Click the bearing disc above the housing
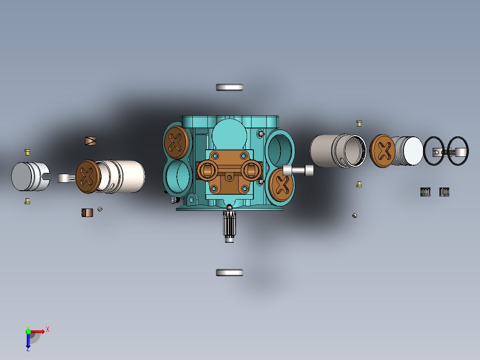tap(229, 87)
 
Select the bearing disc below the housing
tap(229, 272)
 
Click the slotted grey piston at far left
tap(29, 176)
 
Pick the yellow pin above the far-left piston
tap(27, 152)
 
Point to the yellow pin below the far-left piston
tap(27, 201)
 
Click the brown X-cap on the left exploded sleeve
tap(87, 176)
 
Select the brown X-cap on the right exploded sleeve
tap(382, 151)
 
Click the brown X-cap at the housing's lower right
tap(281, 184)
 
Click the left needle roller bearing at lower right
tap(425, 192)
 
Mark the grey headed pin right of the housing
tap(298, 170)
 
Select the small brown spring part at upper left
tap(91, 141)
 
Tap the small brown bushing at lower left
tap(88, 213)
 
